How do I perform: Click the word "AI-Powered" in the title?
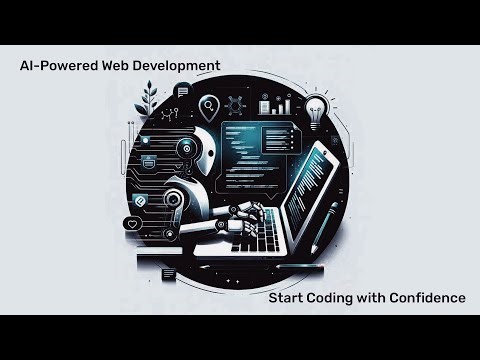56,66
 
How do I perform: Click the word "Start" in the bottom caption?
288,298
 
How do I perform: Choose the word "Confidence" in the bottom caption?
430,298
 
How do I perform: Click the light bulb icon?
317,107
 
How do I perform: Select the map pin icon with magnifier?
209,106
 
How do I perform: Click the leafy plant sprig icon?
151,101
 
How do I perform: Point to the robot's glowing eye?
184,147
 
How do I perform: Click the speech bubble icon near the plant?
182,91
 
